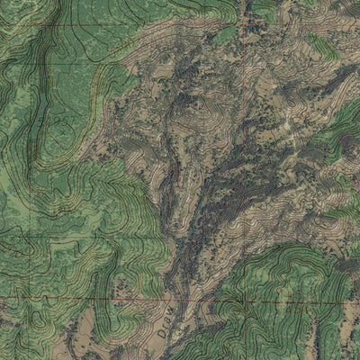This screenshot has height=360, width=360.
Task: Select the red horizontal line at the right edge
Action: pos(356,294)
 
